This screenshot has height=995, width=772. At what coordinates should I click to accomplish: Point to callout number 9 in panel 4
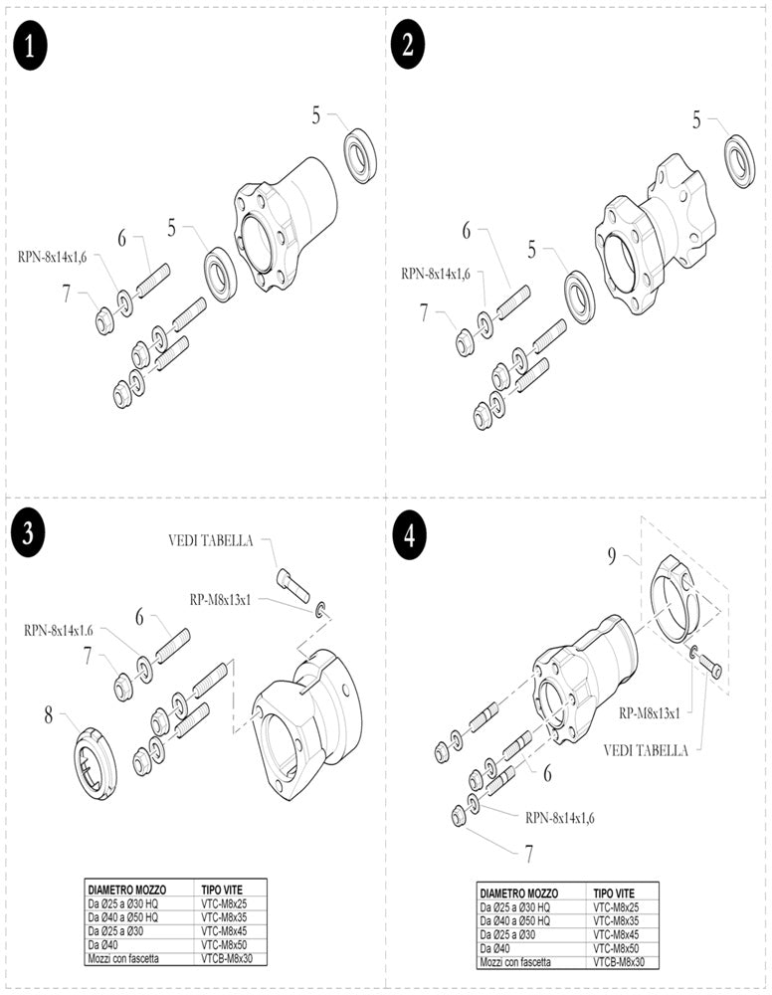tap(613, 556)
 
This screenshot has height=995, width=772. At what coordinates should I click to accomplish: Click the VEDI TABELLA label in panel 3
tap(211, 542)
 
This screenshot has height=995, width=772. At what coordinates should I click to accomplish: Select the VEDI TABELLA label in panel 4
tap(646, 750)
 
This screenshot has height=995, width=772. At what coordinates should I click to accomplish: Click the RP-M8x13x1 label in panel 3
tap(225, 599)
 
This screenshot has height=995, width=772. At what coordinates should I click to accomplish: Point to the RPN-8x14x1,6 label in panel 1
tap(52, 257)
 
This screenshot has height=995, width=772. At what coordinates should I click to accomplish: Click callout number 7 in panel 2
tap(425, 312)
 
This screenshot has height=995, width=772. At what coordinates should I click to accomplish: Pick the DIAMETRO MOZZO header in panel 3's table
tap(127, 889)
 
